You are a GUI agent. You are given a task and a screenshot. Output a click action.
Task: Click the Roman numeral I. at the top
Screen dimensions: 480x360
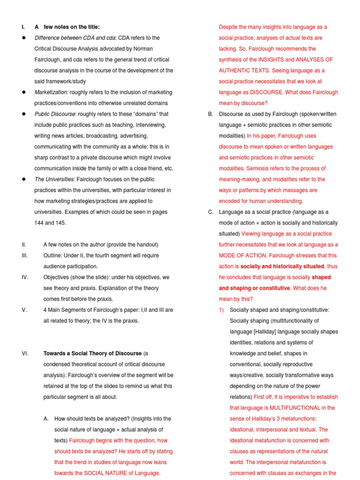coord(23,27)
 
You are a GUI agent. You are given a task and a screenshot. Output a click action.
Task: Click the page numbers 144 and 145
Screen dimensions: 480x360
coord(50,223)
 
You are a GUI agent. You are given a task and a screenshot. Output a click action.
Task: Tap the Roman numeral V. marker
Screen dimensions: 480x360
coord(23,310)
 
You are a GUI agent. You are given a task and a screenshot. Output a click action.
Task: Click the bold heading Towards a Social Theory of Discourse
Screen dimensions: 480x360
coord(92,353)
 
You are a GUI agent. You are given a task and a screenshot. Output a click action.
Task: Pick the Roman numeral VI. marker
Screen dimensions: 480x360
coord(25,353)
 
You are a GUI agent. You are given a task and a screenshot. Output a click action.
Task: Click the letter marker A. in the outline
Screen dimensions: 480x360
coord(46,419)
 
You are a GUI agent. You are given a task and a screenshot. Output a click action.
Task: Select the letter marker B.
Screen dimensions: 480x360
coord(211,114)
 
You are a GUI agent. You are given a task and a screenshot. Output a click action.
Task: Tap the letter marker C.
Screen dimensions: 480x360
coord(211,212)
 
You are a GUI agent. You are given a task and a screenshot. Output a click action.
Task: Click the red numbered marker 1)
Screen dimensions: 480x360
coord(222,310)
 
